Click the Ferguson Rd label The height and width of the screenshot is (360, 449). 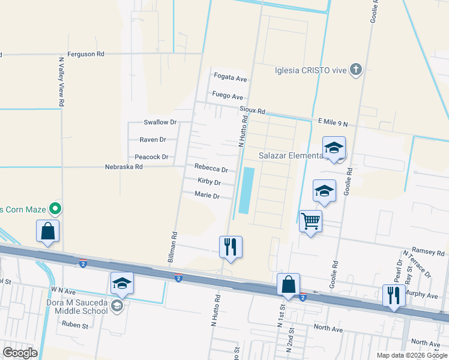(x=86, y=54)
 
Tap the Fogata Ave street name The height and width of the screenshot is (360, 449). (x=231, y=78)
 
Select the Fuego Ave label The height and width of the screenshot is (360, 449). (x=228, y=96)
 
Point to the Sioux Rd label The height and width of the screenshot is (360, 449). (x=252, y=111)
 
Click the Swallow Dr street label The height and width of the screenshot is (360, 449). (x=160, y=122)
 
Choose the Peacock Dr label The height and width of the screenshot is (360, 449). (x=151, y=157)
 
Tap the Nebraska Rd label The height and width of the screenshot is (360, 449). (x=124, y=167)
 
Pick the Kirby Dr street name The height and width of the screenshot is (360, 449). (x=209, y=182)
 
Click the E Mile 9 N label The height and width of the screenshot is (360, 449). (x=333, y=124)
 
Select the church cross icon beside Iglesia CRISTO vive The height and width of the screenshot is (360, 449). (x=356, y=70)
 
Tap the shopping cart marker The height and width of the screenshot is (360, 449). (x=310, y=221)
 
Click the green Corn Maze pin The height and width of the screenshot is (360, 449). (x=56, y=209)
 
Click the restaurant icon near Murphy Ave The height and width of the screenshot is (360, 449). (x=394, y=295)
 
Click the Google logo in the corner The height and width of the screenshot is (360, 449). (x=20, y=352)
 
